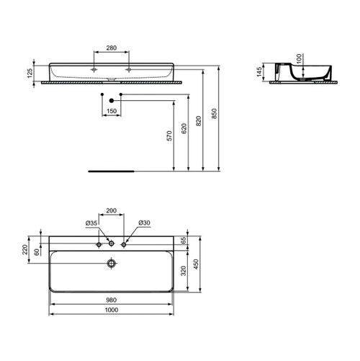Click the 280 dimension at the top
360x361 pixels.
pyautogui.click(x=111, y=48)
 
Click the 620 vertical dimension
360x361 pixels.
pyautogui.click(x=185, y=129)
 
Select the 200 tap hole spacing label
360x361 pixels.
pyautogui.click(x=112, y=211)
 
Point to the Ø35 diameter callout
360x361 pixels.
pyautogui.click(x=91, y=223)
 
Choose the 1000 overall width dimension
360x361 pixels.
pyautogui.click(x=111, y=311)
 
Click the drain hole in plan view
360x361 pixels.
pyautogui.click(x=111, y=264)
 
